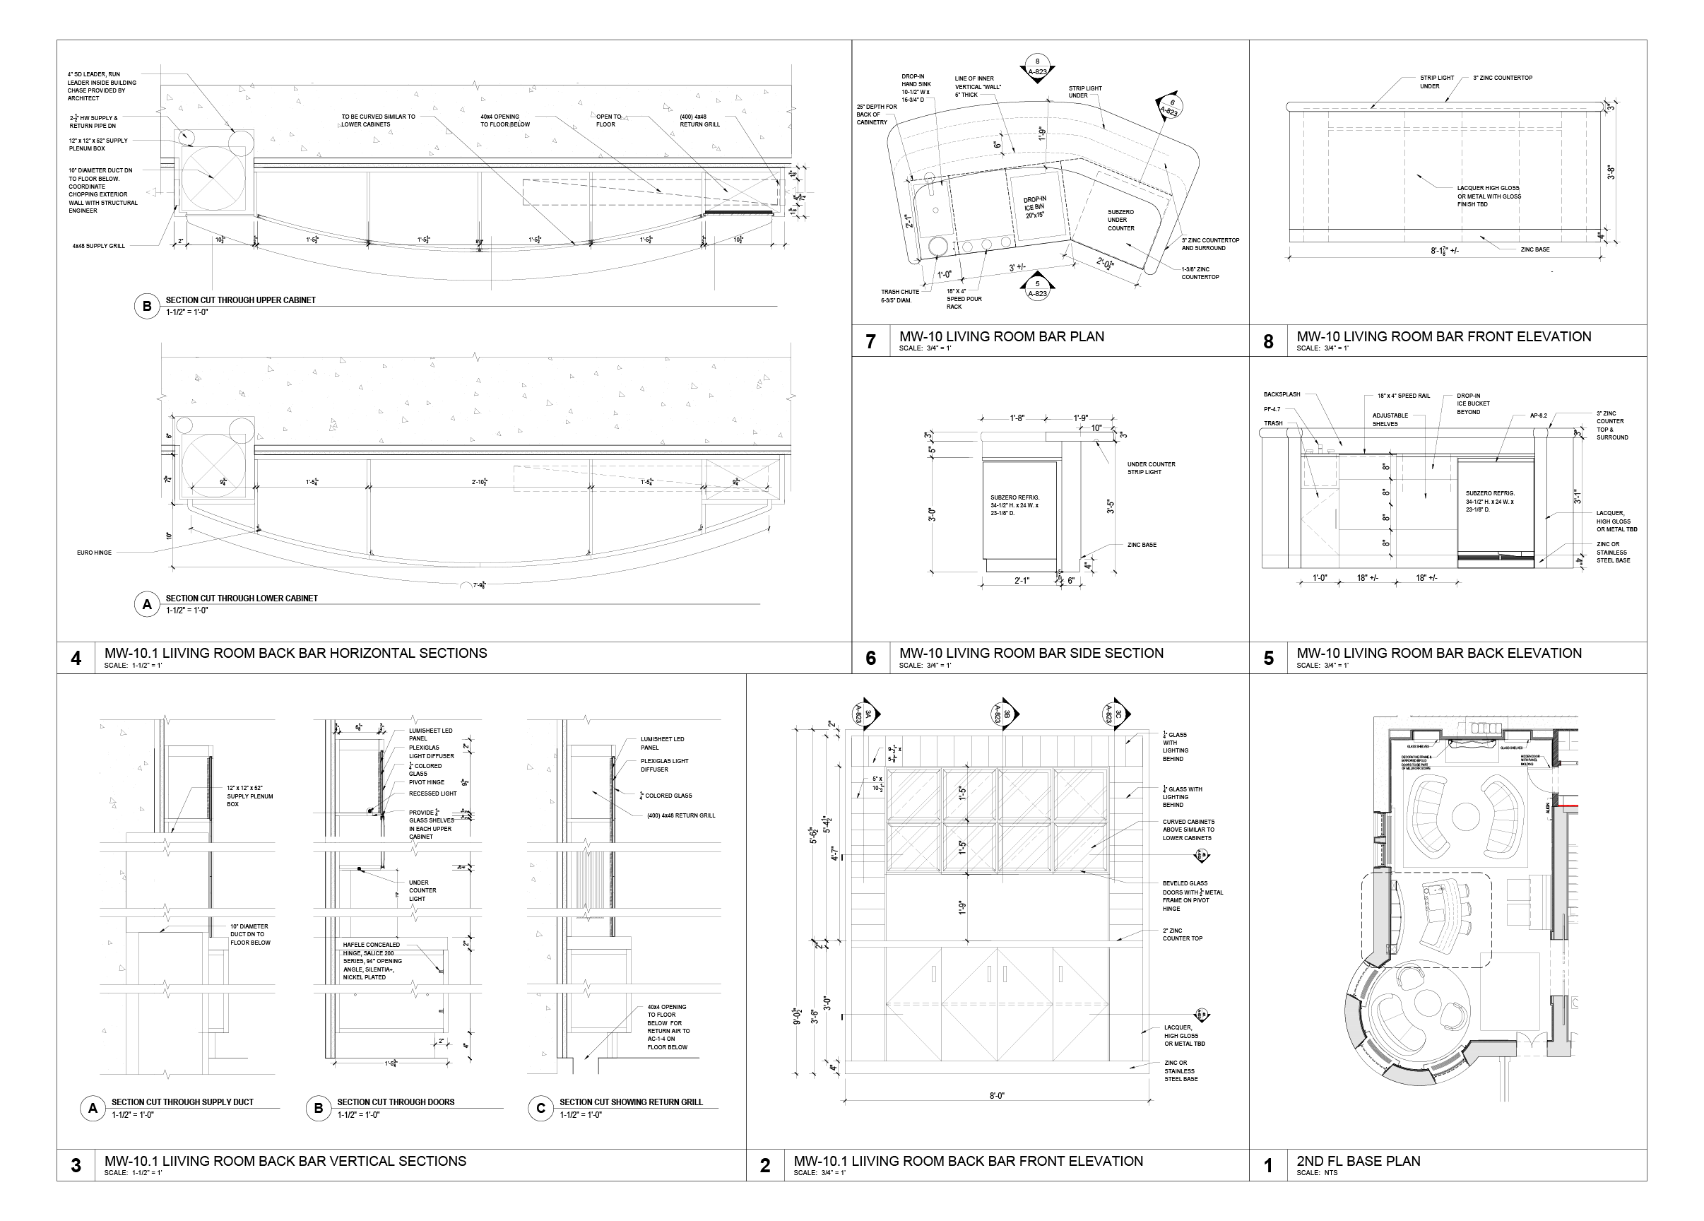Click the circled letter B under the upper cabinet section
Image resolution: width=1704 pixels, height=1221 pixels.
click(147, 306)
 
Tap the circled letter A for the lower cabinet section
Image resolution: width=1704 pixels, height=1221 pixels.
click(147, 604)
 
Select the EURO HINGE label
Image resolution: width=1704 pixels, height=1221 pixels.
click(94, 553)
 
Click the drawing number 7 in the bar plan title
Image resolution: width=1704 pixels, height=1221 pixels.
click(870, 342)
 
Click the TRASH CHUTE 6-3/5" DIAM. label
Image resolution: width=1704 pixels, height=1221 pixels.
click(899, 296)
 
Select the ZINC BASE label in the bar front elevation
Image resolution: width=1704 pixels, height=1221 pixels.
click(1535, 249)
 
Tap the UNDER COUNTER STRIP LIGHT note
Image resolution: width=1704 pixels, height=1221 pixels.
click(1151, 468)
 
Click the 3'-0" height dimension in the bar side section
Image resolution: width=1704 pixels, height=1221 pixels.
click(933, 514)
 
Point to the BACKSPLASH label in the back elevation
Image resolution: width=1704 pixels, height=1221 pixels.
click(1281, 394)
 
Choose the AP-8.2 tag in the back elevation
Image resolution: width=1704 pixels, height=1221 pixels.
click(1539, 415)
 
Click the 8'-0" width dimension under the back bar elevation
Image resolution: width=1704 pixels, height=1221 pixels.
click(996, 1095)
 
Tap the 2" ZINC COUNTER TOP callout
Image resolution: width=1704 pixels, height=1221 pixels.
click(1182, 934)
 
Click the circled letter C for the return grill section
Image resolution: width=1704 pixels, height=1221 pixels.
click(540, 1108)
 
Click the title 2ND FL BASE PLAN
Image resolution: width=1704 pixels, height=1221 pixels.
click(1358, 1161)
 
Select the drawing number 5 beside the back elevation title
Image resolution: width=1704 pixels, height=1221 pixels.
click(1268, 659)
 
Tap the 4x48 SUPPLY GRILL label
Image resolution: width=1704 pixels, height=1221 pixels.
click(98, 246)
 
